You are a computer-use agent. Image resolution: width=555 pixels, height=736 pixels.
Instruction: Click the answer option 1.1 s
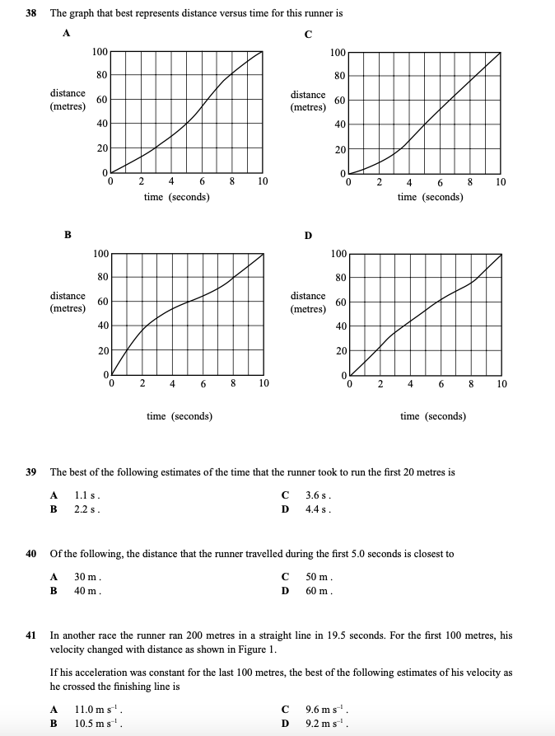[x=87, y=495]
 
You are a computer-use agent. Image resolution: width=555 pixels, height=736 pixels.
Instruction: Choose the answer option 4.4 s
[x=318, y=509]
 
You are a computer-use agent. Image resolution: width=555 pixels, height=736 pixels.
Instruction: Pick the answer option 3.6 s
[x=318, y=495]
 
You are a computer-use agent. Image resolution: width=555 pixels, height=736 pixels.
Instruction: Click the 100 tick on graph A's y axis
[x=100, y=52]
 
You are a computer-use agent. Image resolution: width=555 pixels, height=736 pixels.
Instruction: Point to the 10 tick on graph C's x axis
[x=501, y=182]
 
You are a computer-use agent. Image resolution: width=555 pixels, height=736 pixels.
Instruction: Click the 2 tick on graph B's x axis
[x=142, y=383]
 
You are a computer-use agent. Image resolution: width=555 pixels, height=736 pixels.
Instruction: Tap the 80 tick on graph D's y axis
[x=338, y=278]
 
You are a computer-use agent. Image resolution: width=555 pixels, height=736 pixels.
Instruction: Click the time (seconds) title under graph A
[x=176, y=197]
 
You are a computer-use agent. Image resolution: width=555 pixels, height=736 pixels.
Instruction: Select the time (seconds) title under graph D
[x=432, y=416]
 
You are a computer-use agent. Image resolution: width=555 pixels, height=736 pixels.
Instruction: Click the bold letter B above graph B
[x=68, y=235]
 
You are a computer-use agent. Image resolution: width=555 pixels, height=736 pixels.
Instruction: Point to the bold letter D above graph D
[x=308, y=236]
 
